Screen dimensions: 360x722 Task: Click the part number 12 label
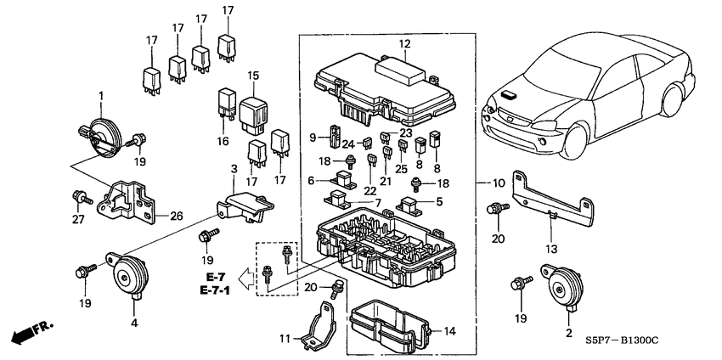tap(404, 43)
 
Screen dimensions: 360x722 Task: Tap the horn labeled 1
tap(99, 138)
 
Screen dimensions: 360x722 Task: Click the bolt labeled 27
tap(82, 198)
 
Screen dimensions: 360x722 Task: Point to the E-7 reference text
tap(213, 278)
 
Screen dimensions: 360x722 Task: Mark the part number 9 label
tap(313, 136)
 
